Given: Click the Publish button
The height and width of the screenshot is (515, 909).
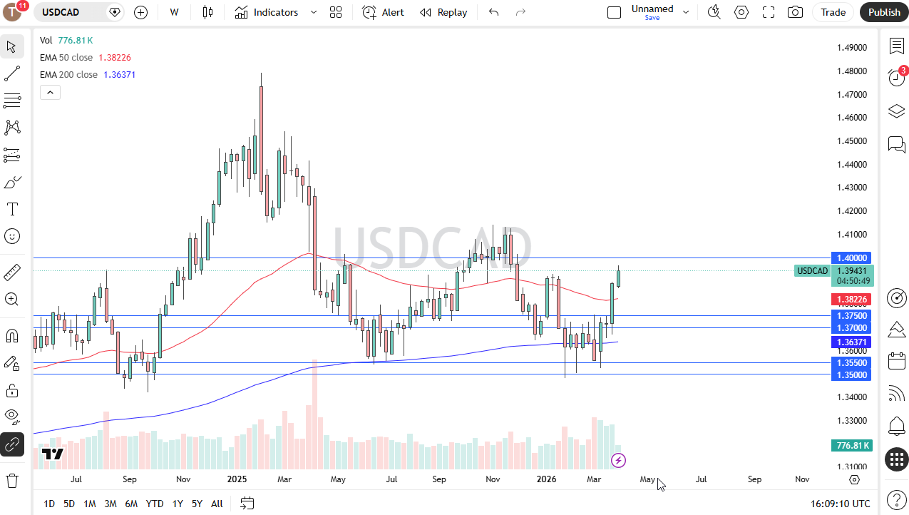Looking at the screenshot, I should coord(884,12).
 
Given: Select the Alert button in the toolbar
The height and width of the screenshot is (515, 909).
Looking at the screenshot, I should coord(383,12).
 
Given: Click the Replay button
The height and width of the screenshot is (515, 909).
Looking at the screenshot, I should coord(443,12).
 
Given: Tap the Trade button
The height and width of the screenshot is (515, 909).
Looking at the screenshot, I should coord(833,12).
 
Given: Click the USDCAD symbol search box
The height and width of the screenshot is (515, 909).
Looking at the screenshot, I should coord(71,12).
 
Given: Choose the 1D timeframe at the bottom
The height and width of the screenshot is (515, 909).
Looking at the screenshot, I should coord(49,504).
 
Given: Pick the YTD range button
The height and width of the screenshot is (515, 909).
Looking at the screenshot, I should coord(155,504).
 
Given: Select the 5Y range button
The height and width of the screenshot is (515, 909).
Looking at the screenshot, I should coord(197,504).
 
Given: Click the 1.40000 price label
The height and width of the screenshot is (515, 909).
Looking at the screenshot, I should coord(852,257).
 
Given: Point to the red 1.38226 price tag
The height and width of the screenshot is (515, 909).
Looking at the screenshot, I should coord(852,300).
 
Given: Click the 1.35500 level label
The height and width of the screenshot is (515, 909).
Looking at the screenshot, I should coord(852,362).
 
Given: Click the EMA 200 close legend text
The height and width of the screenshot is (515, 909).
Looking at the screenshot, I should coord(68,75).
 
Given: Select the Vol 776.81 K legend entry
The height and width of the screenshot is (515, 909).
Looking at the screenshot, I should coord(66,41).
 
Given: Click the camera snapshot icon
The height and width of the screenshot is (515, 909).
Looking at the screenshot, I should coord(795,12).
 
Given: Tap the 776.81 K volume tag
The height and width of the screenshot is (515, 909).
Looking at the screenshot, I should coord(852,446).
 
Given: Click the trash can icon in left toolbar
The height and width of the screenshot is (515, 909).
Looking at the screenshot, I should coord(12,480).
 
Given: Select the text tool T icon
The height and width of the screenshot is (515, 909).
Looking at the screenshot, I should coord(12,209).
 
